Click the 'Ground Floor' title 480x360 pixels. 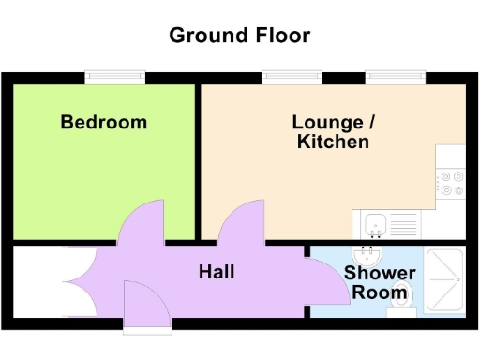tap(239, 36)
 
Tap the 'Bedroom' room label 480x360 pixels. tap(103, 122)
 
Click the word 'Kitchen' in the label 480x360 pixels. tap(333, 142)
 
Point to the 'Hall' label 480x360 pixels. tap(217, 272)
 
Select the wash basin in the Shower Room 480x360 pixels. tap(367, 254)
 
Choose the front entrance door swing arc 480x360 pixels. tap(146, 305)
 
